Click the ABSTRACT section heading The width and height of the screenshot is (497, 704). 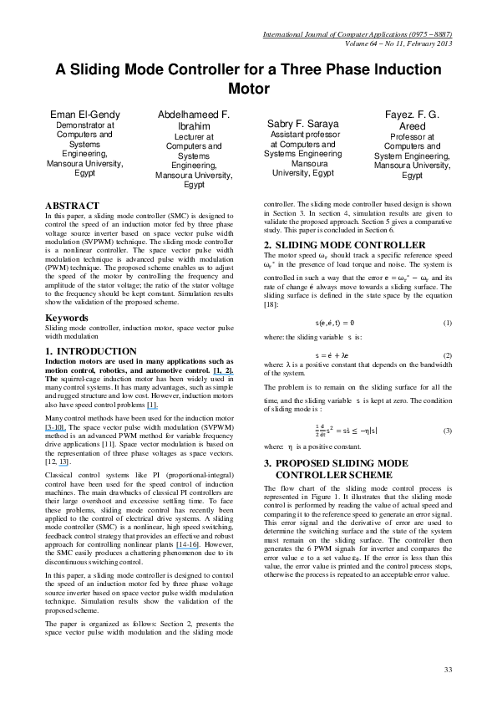point(72,205)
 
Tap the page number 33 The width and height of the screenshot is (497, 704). point(448,670)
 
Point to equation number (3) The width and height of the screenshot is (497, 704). point(447,431)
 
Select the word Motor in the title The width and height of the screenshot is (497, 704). point(248,88)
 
